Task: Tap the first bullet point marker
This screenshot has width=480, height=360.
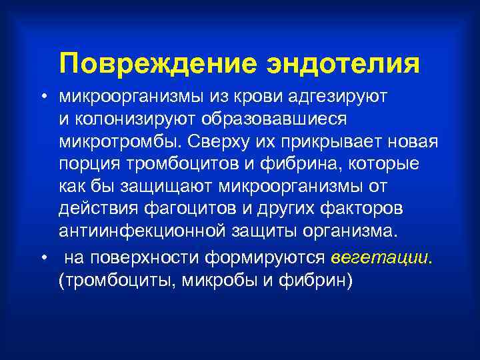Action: coord(42,97)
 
